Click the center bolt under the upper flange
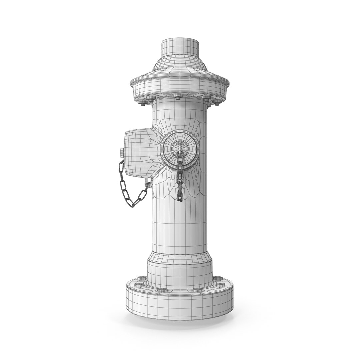[x=178, y=97]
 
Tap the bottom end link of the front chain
[x=180, y=198]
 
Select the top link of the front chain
[x=180, y=154]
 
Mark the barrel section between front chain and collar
[x=180, y=227]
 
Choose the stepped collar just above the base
[x=180, y=267]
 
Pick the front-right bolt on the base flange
[x=198, y=290]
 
